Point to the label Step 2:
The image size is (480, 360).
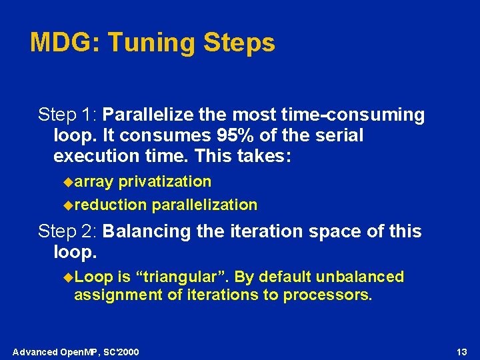[68, 231]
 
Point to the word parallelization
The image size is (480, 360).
[205, 205]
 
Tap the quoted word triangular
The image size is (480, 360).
[171, 277]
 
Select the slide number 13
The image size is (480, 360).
[462, 351]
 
